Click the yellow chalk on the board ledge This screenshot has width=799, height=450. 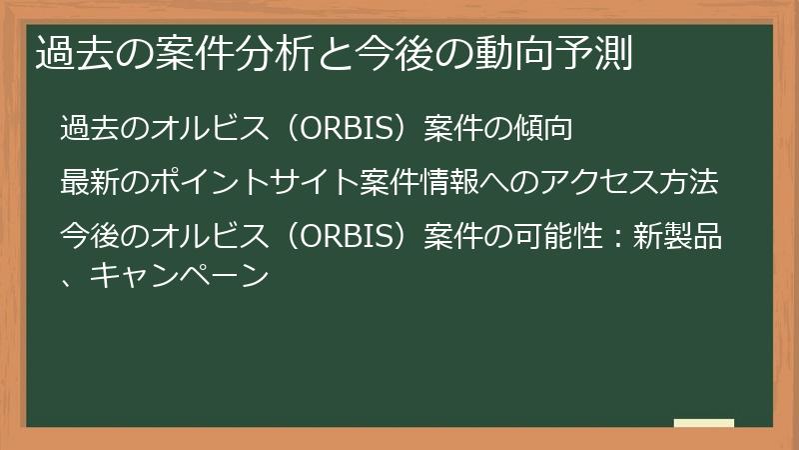703,424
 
